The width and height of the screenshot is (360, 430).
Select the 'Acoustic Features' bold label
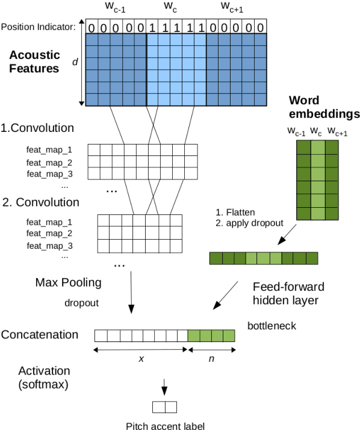pyautogui.click(x=34, y=61)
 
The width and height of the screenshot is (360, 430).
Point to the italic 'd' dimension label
pyautogui.click(x=75, y=62)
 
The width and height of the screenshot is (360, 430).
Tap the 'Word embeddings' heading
pyautogui.click(x=324, y=106)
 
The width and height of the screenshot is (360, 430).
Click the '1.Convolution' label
pyautogui.click(x=37, y=128)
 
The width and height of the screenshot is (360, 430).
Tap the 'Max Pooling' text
pyautogui.click(x=67, y=282)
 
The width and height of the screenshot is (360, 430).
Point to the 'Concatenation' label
pyautogui.click(x=40, y=334)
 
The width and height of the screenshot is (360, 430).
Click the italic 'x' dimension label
pyautogui.click(x=141, y=358)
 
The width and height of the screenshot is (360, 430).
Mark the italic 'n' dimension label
pyautogui.click(x=211, y=358)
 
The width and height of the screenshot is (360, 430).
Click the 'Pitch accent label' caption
pyautogui.click(x=165, y=426)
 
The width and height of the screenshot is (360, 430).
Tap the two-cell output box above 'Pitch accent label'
pyautogui.click(x=164, y=407)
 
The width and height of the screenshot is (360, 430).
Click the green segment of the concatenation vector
pyautogui.click(x=211, y=335)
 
